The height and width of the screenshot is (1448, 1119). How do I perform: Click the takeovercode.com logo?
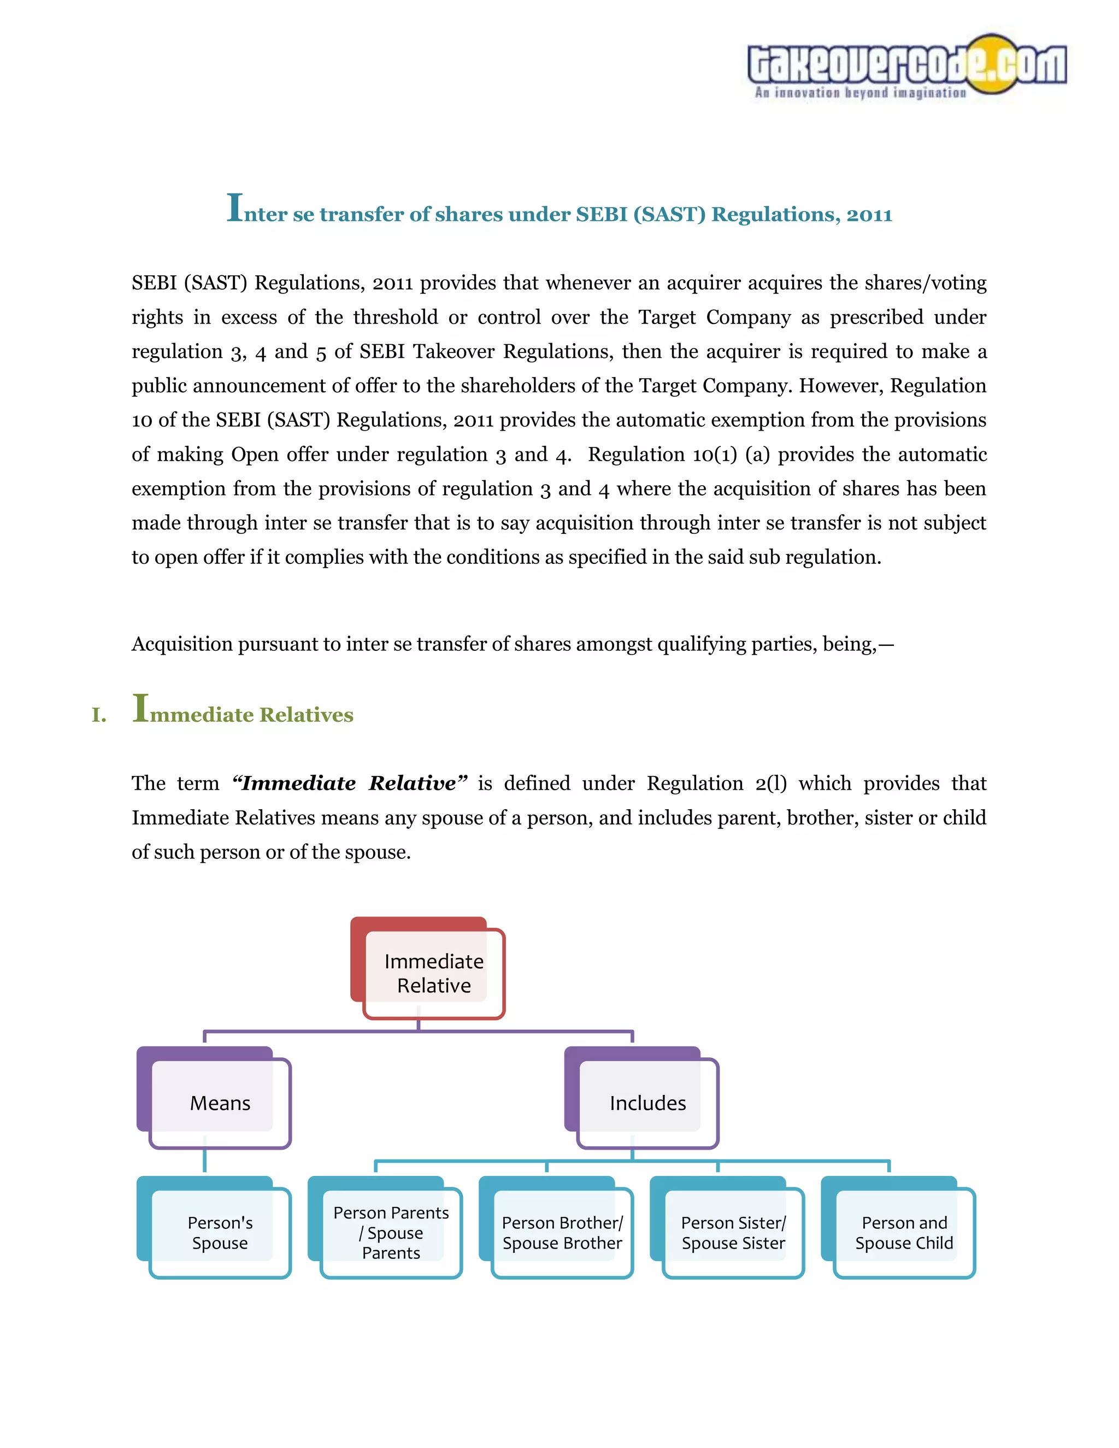[906, 63]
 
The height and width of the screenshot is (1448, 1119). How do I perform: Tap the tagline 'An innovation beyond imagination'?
[860, 93]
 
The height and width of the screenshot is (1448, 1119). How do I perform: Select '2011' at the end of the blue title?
[869, 215]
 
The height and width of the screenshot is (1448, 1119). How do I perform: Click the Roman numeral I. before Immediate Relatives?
[99, 715]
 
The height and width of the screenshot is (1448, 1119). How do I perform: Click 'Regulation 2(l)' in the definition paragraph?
[716, 783]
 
